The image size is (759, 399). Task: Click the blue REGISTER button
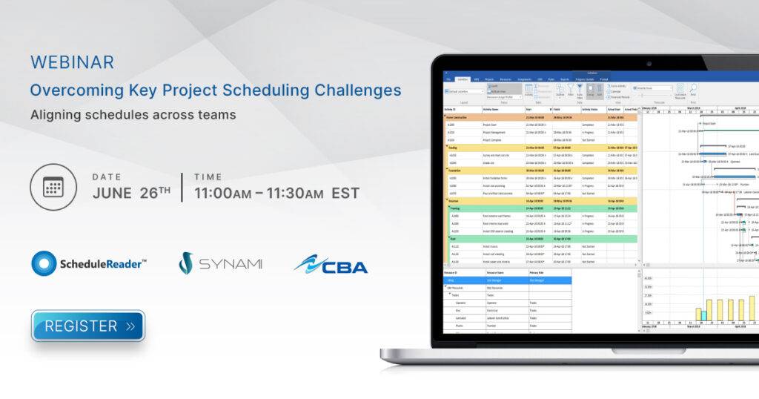(87, 326)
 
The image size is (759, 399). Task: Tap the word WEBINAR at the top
(72, 62)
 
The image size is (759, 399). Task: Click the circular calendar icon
(53, 187)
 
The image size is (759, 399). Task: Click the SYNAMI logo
(220, 263)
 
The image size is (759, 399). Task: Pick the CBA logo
(331, 264)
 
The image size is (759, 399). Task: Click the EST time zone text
(345, 194)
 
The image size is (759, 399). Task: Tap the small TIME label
(208, 177)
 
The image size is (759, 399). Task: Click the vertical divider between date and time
(182, 187)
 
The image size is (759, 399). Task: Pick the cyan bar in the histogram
(703, 315)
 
